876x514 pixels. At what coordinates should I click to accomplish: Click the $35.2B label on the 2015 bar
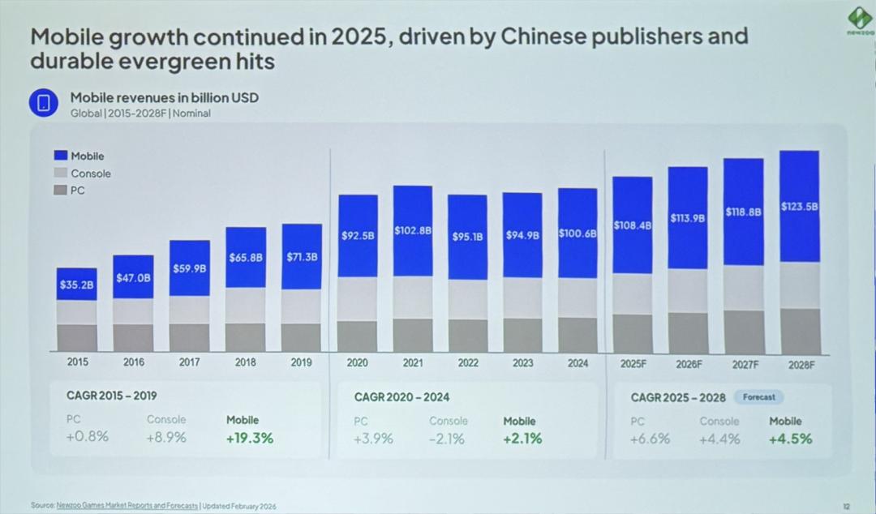pyautogui.click(x=76, y=285)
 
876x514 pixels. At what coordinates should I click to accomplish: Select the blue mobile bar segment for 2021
pyautogui.click(x=413, y=231)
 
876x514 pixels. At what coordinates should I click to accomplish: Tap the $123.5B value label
pyautogui.click(x=799, y=207)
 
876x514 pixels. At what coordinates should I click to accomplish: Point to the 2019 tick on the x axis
pyautogui.click(x=301, y=362)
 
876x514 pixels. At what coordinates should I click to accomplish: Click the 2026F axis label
pyautogui.click(x=689, y=364)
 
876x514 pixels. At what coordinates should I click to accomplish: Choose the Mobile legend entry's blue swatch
pyautogui.click(x=60, y=156)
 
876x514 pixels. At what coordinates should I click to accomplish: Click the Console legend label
pyautogui.click(x=90, y=173)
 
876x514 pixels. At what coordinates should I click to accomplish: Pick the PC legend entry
pyautogui.click(x=77, y=191)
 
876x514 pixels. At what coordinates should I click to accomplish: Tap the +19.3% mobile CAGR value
pyautogui.click(x=250, y=438)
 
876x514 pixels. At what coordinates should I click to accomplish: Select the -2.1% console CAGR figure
pyautogui.click(x=447, y=439)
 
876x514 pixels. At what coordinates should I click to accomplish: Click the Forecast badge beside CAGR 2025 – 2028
pyautogui.click(x=758, y=397)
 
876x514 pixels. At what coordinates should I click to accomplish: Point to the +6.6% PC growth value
pyautogui.click(x=650, y=439)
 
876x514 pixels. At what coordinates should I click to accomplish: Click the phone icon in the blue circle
pyautogui.click(x=45, y=103)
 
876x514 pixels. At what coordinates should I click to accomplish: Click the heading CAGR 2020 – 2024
pyautogui.click(x=401, y=397)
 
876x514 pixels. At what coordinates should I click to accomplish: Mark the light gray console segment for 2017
pyautogui.click(x=189, y=310)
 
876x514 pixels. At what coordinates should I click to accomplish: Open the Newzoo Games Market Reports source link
pyautogui.click(x=127, y=506)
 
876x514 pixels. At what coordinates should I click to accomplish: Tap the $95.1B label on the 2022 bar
pyautogui.click(x=467, y=237)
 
